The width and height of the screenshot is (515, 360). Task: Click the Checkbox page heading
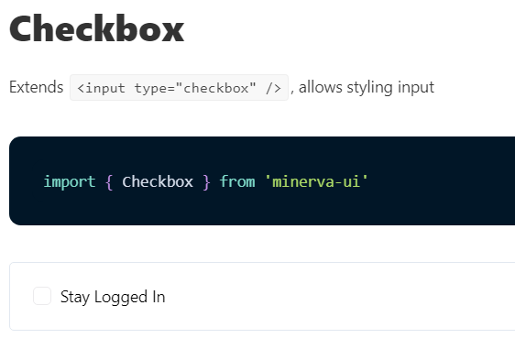click(96, 29)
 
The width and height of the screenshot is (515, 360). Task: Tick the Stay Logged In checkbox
click(41, 296)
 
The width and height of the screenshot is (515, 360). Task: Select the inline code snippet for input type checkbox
click(179, 88)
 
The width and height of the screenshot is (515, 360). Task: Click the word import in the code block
click(69, 181)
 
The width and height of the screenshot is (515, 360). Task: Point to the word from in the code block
click(237, 181)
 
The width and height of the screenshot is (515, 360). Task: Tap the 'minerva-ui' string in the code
click(316, 181)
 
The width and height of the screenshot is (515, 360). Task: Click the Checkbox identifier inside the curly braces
click(157, 181)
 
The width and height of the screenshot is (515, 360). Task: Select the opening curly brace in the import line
click(109, 181)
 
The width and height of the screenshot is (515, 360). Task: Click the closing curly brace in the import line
click(206, 181)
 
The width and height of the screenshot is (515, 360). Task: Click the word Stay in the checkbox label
click(75, 297)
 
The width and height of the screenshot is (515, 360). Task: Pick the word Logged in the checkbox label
click(120, 297)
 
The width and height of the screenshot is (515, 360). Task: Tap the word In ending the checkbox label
click(158, 297)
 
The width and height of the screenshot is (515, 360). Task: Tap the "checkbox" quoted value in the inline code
click(216, 88)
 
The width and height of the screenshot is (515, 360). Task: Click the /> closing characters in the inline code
click(272, 88)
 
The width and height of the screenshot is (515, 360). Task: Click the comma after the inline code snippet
click(292, 91)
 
